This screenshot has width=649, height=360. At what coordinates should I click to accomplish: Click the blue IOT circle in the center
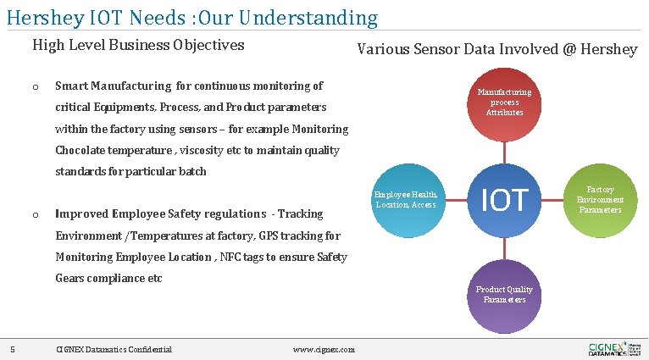pyautogui.click(x=505, y=200)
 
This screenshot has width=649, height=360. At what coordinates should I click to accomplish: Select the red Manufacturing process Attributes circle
pyautogui.click(x=504, y=102)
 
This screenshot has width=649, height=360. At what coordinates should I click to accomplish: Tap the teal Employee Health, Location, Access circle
pyautogui.click(x=407, y=200)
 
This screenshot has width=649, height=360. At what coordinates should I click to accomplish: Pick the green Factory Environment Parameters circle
pyautogui.click(x=600, y=200)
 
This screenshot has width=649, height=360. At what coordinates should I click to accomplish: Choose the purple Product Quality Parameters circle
pyautogui.click(x=504, y=296)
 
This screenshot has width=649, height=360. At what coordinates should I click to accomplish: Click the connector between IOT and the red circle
pyautogui.click(x=505, y=152)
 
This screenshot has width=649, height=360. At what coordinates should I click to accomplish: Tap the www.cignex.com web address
pyautogui.click(x=324, y=350)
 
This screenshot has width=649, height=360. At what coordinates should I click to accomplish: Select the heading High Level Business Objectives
pyautogui.click(x=138, y=45)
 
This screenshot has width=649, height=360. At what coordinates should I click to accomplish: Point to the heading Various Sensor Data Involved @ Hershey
pyautogui.click(x=496, y=49)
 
